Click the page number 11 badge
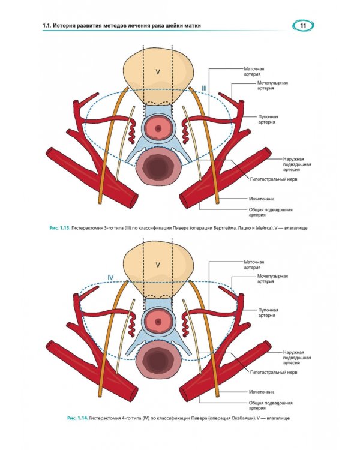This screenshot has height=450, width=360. [x=303, y=26]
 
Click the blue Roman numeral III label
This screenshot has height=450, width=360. [x=204, y=88]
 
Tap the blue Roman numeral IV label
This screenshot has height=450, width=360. [x=110, y=278]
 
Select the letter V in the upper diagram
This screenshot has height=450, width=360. [x=158, y=72]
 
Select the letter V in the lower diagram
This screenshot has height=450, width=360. [x=158, y=265]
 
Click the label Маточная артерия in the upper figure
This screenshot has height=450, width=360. [x=254, y=71]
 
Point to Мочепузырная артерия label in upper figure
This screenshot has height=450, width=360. [x=272, y=86]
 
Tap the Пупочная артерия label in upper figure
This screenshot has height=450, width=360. [x=268, y=119]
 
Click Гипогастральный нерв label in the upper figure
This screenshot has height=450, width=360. [x=274, y=179]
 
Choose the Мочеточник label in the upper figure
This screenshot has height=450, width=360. [x=261, y=199]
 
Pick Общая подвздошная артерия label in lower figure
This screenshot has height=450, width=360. [x=271, y=406]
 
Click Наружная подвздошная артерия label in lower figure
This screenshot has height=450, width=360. [x=297, y=358]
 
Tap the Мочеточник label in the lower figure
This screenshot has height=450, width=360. [x=261, y=392]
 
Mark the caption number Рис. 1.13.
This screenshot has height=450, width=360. [x=60, y=228]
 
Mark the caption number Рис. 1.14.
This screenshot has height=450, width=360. [x=77, y=418]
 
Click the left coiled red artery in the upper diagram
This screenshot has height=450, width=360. [x=131, y=131]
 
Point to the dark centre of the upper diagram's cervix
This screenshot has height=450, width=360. [x=158, y=128]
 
